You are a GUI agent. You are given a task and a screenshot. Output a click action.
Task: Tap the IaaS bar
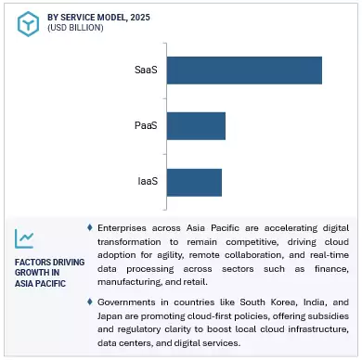click(x=195, y=181)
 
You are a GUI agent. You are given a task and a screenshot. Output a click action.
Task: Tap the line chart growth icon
click(x=25, y=239)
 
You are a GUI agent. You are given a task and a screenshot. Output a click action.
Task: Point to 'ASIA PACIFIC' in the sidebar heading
click(x=42, y=284)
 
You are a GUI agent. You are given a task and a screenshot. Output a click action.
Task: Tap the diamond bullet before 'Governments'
click(x=90, y=302)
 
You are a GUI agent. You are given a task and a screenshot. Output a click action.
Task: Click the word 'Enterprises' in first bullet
click(x=125, y=227)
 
